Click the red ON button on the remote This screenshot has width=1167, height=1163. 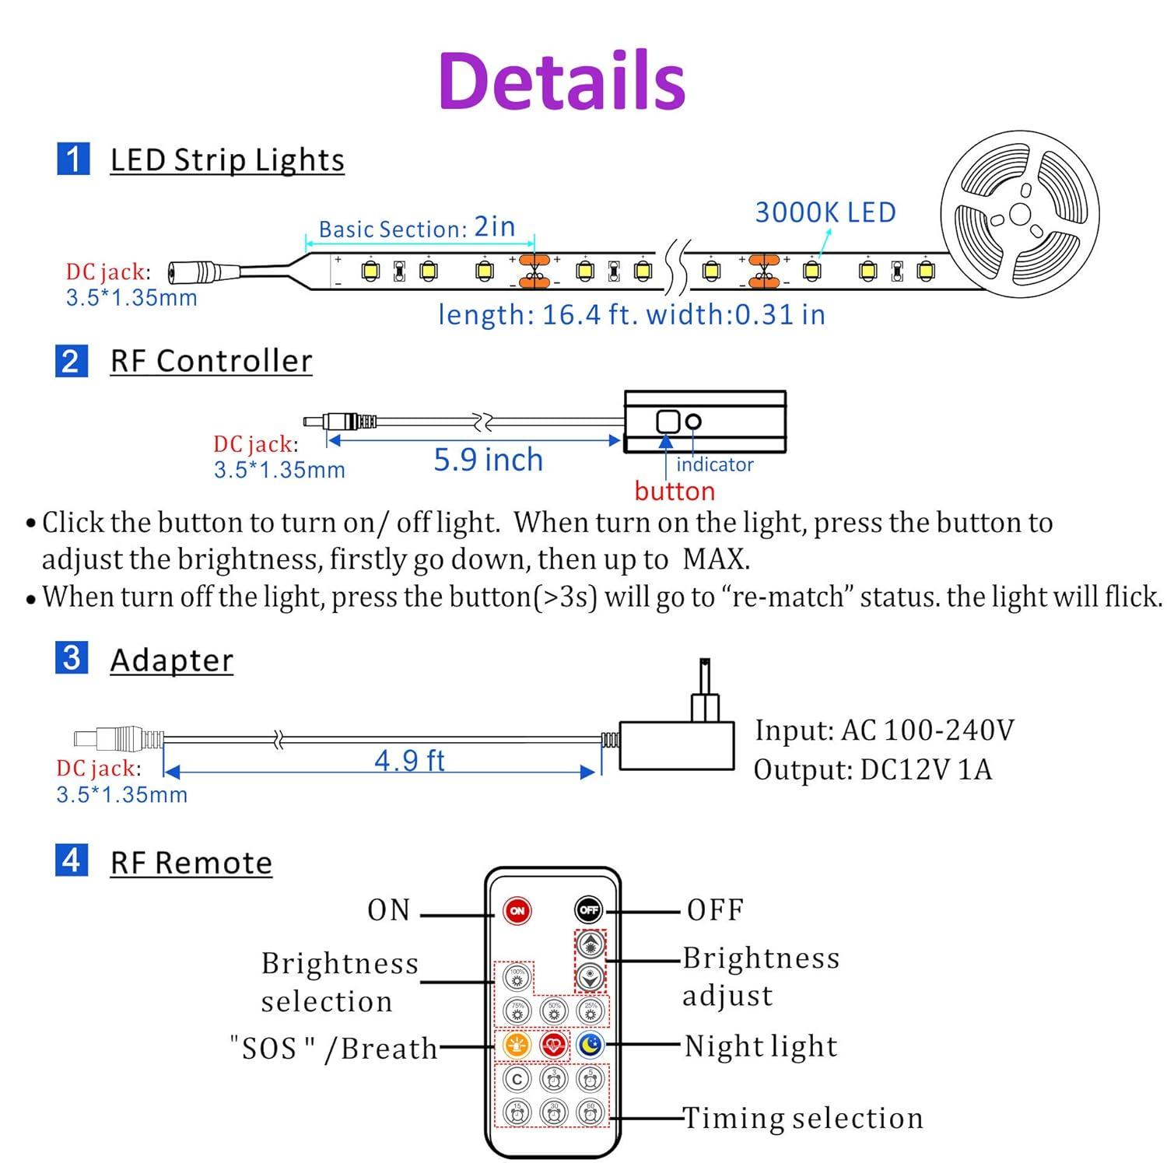point(517,909)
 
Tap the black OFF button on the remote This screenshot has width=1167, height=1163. point(589,909)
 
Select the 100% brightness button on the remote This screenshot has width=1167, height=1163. point(517,976)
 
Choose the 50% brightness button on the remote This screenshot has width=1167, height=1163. point(554,1011)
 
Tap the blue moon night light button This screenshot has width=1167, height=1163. point(591,1045)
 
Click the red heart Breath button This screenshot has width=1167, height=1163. point(553,1045)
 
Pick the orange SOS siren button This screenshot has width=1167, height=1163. point(517,1045)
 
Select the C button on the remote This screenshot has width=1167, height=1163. point(517,1079)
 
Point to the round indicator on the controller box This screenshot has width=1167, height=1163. point(693,421)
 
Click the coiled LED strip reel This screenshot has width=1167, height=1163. point(1019,212)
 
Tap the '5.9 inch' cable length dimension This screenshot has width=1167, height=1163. point(488,460)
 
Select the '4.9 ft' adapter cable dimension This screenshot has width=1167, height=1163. point(409,760)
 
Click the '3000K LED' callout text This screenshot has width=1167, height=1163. point(825,212)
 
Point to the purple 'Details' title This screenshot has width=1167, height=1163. point(562,80)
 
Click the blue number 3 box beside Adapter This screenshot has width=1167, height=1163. point(72,658)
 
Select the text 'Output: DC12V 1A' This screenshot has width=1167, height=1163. point(873,769)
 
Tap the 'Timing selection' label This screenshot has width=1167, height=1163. point(803,1118)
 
